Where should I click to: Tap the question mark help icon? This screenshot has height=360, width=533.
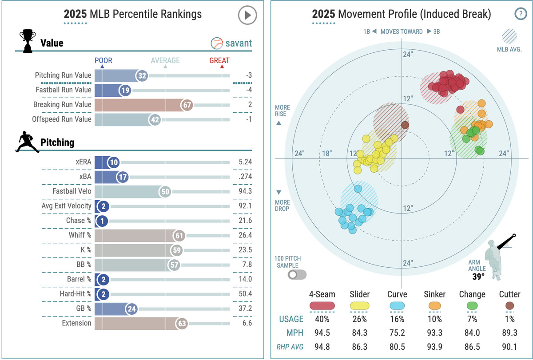[520, 14]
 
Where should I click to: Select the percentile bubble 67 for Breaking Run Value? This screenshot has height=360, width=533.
[187, 105]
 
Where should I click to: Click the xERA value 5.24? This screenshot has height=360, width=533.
[244, 162]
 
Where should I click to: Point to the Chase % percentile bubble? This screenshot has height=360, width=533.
[102, 221]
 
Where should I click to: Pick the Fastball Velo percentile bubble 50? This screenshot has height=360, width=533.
[165, 191]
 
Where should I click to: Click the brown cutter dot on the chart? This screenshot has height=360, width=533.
[405, 125]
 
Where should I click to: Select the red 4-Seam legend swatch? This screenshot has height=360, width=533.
[322, 305]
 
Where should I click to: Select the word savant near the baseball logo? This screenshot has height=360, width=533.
[239, 43]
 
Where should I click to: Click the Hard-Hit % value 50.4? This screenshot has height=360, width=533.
[245, 294]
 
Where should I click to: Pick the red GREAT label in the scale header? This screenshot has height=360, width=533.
[219, 60]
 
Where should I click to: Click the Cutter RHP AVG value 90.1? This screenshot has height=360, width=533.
[509, 347]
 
